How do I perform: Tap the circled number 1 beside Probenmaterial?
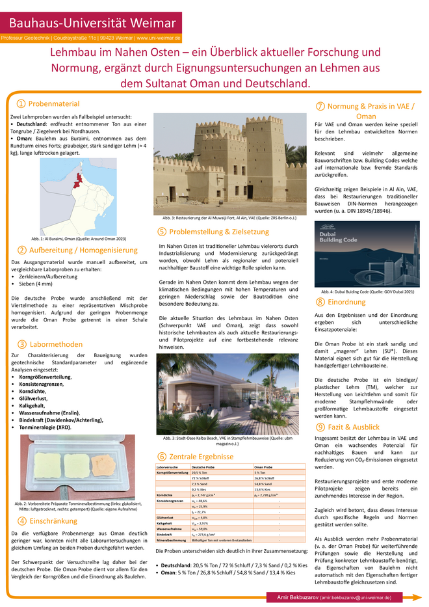[x=21, y=104]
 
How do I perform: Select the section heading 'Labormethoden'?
[x=55, y=344]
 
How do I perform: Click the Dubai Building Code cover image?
[x=369, y=255]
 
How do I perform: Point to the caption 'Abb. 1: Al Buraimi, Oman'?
[x=78, y=238]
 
